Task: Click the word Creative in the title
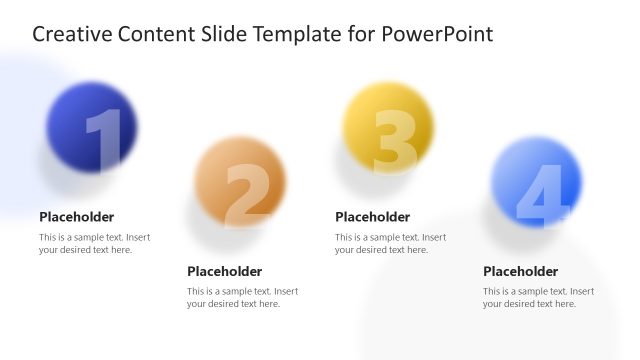tap(73, 35)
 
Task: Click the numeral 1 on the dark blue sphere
tap(103, 141)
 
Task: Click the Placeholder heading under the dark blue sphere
tap(77, 217)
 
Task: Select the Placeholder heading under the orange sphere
tap(225, 271)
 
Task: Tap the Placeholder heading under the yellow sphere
tap(373, 217)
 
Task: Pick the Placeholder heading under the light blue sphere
tap(521, 271)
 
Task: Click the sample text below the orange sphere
tap(242, 298)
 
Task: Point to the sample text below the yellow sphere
tap(390, 244)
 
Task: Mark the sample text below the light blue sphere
tap(538, 298)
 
